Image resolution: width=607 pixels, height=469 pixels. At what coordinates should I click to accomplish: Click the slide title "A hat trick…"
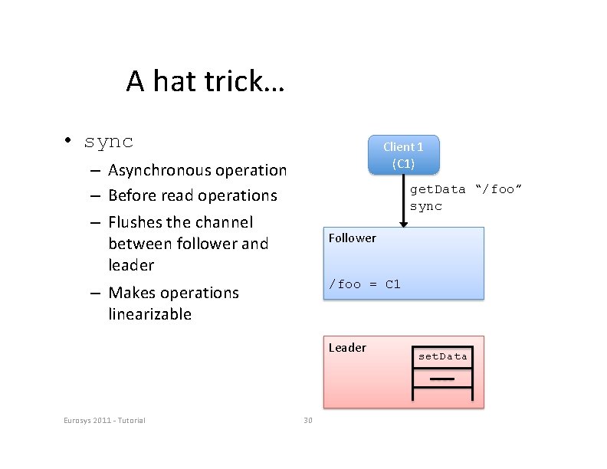coord(205,80)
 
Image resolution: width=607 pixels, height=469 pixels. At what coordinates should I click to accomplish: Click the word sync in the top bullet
coord(109,142)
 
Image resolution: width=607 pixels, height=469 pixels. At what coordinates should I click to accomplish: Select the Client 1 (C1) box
coord(403,154)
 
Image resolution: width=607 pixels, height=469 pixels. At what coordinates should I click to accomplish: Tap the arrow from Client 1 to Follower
coord(403,199)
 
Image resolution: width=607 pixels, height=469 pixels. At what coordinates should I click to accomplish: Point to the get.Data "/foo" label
coord(465,189)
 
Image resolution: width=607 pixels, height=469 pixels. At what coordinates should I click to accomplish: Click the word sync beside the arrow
coord(426,207)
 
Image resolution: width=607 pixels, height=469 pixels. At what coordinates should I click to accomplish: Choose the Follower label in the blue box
coord(352,238)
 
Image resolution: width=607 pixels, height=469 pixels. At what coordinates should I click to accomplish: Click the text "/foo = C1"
coord(364,284)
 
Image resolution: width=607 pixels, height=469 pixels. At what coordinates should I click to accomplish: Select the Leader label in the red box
coord(347,347)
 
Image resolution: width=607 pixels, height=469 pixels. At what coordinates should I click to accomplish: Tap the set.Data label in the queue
coord(442,356)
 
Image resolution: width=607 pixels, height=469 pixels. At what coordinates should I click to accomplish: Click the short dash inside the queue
coord(442,379)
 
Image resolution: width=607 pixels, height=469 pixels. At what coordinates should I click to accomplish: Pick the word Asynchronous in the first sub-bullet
coord(158,170)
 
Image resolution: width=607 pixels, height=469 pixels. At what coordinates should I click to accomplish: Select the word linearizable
coord(150,314)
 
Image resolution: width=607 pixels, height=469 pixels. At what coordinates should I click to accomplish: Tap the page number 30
coord(308,420)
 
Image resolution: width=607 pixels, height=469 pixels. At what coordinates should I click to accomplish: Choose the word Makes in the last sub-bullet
coord(131,293)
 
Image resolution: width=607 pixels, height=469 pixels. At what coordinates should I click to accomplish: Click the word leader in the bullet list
coord(131,265)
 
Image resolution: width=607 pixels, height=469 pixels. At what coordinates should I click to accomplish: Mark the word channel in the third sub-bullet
coord(223,222)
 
